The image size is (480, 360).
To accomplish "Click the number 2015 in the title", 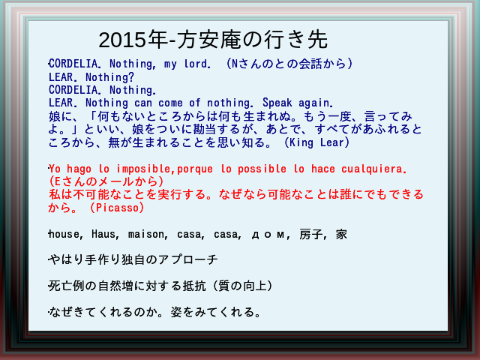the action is (121, 40).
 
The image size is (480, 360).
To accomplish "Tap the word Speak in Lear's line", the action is (277, 103).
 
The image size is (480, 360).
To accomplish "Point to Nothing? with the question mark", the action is (109, 76).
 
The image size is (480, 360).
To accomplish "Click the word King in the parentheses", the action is (301, 142).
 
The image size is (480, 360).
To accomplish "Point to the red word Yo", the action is (55, 169).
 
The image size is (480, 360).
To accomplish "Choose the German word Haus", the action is (103, 234).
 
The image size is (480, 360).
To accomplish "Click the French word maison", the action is (146, 234).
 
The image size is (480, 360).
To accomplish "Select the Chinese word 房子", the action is (311, 234).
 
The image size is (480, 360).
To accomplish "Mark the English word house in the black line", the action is (64, 234).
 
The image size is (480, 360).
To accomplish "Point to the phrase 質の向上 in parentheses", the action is (242, 286).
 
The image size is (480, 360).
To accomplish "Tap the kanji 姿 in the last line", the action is (177, 312).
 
